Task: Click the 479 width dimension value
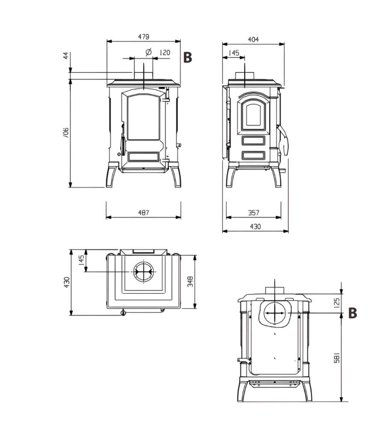[x=144, y=36]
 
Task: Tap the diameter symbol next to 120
[x=148, y=52]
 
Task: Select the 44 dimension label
[x=66, y=56]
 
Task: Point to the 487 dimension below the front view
[x=144, y=212]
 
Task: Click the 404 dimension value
[x=253, y=39]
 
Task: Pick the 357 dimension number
[x=254, y=212]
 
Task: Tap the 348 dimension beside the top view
[x=190, y=282]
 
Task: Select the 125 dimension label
[x=337, y=303]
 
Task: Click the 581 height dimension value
[x=337, y=357]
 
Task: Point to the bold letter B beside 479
[x=188, y=57]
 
